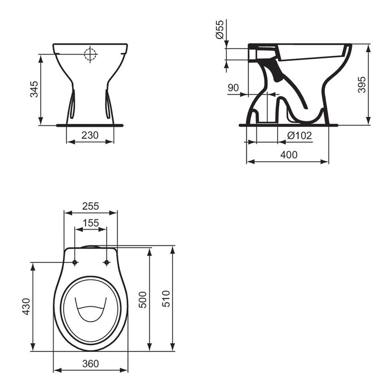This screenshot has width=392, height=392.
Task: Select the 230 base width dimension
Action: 90,135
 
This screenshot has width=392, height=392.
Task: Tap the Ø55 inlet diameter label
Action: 220,30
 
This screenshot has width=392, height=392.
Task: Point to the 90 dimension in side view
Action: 233,88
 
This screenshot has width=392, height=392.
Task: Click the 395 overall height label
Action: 362,84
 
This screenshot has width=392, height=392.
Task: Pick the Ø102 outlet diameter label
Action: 299,135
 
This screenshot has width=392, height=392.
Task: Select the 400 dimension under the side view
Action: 289,155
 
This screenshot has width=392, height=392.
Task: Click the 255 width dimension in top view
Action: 91,206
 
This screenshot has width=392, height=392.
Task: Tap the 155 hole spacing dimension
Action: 90,222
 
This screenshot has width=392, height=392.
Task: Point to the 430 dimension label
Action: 26,307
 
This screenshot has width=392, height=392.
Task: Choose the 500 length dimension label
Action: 143,300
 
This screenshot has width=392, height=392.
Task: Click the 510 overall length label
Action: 166,299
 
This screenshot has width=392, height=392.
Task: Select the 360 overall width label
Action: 91,363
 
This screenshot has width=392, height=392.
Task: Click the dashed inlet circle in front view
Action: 91,54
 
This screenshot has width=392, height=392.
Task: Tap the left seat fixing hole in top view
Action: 74,262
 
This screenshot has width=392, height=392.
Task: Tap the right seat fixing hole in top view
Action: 107,262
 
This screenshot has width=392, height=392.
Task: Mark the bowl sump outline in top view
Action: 91,309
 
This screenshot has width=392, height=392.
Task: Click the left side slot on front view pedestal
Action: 73,104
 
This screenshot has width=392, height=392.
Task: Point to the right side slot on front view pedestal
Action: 108,104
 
